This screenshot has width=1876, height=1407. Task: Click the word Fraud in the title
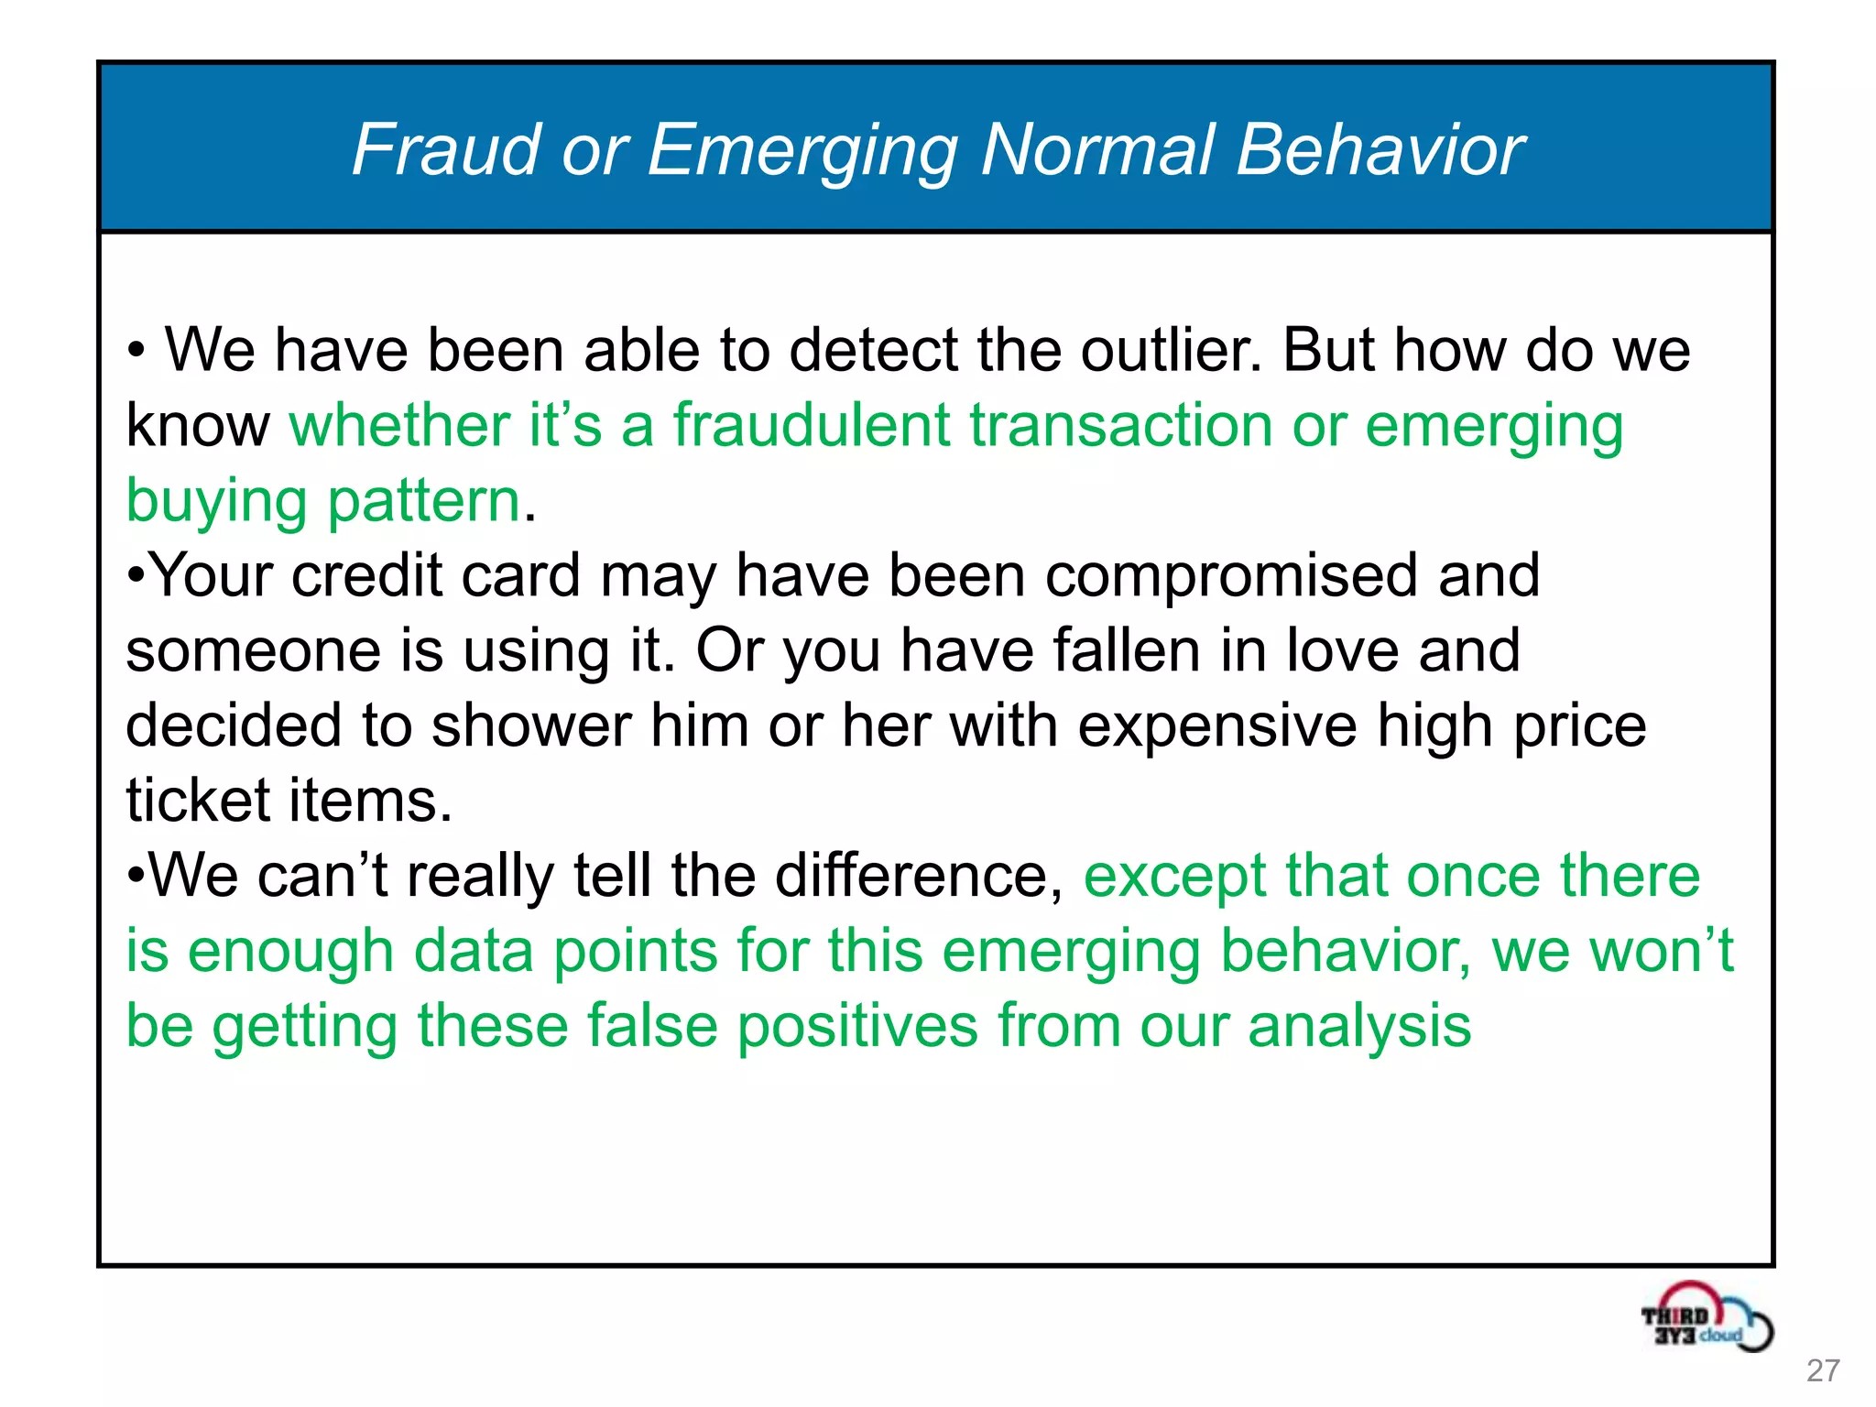click(446, 149)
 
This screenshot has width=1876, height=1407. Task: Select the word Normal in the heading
click(1098, 149)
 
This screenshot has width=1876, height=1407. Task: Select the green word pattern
click(423, 502)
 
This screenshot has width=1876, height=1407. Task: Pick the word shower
click(531, 726)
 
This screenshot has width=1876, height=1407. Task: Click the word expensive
click(1216, 726)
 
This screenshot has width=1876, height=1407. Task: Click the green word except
click(1175, 876)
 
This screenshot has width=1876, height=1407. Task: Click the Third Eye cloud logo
click(1706, 1318)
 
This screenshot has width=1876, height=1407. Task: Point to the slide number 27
click(1823, 1370)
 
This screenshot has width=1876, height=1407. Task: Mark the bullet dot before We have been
click(136, 351)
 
